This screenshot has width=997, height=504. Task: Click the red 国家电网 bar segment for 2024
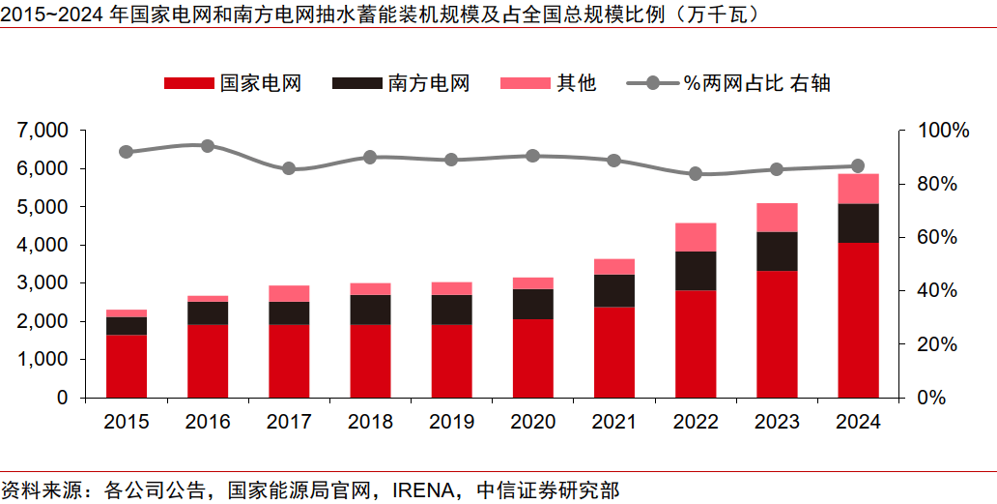click(x=858, y=319)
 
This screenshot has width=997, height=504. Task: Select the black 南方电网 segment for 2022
click(x=696, y=271)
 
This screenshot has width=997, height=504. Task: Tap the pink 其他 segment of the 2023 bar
click(x=777, y=218)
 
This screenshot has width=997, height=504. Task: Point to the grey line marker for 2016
click(x=208, y=146)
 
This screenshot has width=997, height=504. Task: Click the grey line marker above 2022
click(x=696, y=174)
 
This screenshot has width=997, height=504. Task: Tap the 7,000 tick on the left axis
click(x=43, y=130)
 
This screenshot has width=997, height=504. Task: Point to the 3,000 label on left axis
click(x=43, y=282)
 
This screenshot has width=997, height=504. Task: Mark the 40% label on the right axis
click(x=936, y=290)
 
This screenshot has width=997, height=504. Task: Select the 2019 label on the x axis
click(x=452, y=422)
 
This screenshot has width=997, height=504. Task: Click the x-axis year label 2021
click(x=614, y=422)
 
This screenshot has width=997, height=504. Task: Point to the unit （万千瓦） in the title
click(x=719, y=14)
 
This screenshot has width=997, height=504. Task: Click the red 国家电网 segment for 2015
click(x=127, y=366)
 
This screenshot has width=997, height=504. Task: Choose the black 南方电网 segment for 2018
click(x=370, y=310)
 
